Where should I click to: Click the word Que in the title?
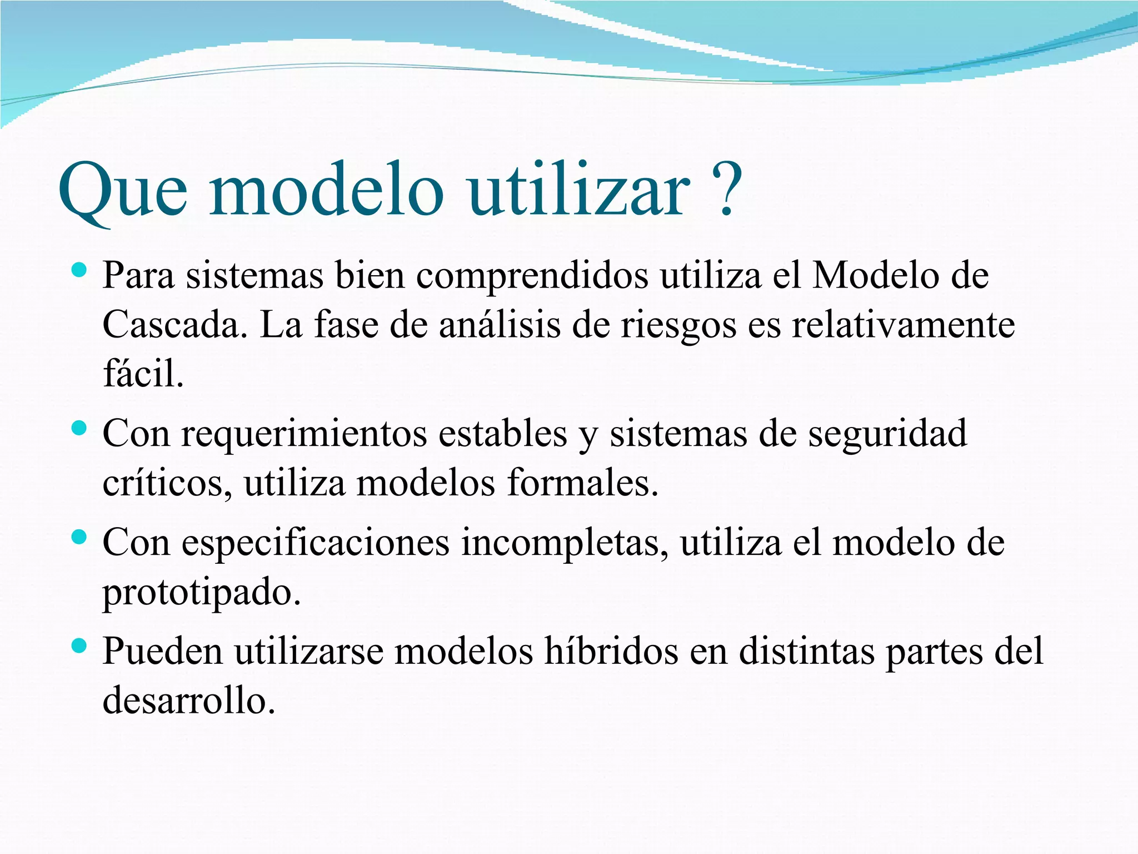[122, 192]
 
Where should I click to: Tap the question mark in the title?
[726, 189]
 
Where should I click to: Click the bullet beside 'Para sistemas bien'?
[79, 271]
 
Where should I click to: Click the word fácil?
[143, 374]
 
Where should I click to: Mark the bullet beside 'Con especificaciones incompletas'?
[79, 537]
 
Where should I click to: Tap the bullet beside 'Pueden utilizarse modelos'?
[79, 646]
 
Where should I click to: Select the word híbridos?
[611, 652]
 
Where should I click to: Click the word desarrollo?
[189, 701]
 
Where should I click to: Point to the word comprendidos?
[532, 276]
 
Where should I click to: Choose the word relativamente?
[903, 325]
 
